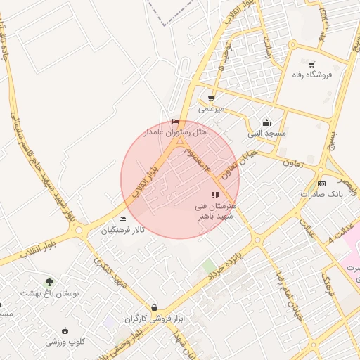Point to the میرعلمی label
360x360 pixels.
[210, 109]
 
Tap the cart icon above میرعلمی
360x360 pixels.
[210, 98]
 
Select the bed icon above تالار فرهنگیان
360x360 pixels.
[122, 219]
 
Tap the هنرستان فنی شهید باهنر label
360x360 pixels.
[217, 211]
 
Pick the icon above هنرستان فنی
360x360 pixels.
[215, 195]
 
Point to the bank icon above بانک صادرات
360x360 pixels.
[321, 184]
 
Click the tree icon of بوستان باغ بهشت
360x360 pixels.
[49, 282]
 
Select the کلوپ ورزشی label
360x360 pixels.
[65, 342]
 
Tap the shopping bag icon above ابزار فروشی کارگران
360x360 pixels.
[154, 308]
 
